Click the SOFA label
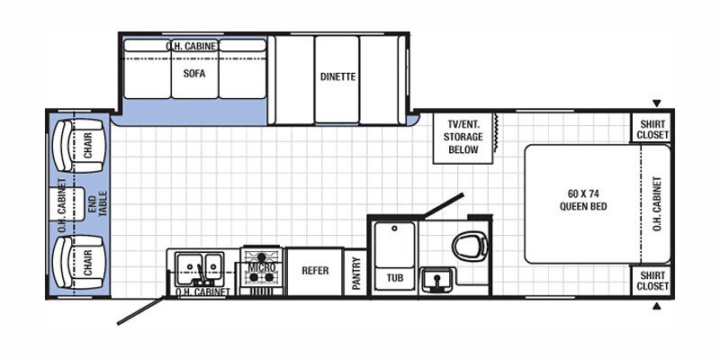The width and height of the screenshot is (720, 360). point(194,74)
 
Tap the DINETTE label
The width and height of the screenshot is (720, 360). point(338,76)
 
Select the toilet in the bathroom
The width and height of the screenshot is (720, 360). point(470,242)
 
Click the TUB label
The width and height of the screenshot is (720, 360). point(395,278)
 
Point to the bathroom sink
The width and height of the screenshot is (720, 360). point(437,280)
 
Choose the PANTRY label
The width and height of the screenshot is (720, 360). point(355,273)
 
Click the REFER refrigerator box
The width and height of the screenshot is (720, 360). point(315,272)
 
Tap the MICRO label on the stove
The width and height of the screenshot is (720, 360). point(261,267)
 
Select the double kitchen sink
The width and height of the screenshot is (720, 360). point(200,267)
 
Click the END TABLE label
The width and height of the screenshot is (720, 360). point(97,203)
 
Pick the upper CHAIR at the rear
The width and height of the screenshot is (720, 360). point(78,146)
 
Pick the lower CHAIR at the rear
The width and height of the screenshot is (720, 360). point(78,263)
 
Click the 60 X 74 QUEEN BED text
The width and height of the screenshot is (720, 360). point(582,200)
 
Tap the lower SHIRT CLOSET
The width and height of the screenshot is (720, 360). point(652,281)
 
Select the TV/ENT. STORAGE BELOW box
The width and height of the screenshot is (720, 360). point(463,138)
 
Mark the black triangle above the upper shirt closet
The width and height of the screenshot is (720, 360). point(657,103)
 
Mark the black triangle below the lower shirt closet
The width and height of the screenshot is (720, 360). point(657,306)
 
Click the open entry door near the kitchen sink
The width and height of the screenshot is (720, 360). point(140,310)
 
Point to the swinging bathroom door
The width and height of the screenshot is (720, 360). point(444,206)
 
